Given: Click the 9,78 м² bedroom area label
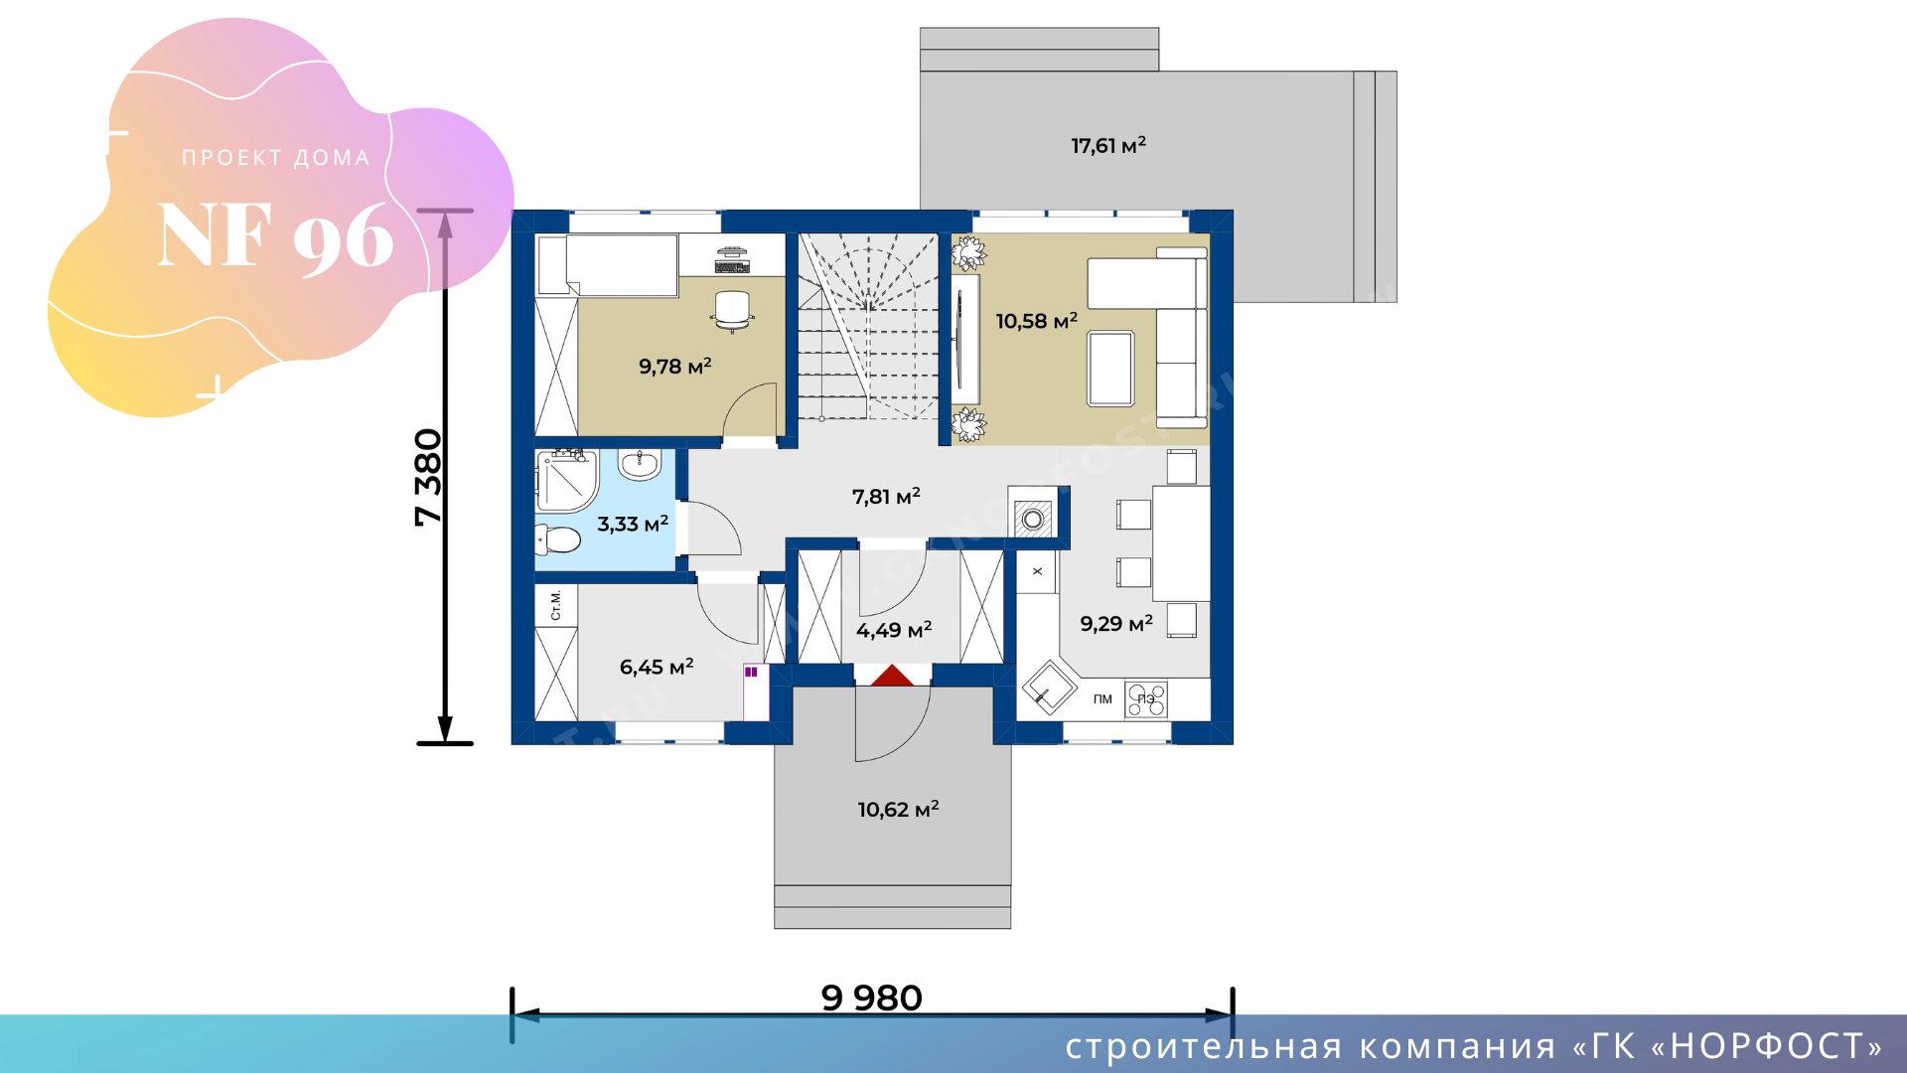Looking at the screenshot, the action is [x=675, y=367].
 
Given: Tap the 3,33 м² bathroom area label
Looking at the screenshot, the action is [x=633, y=524].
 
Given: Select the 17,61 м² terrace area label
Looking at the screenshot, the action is [x=1108, y=145].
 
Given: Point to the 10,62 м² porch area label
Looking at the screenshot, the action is [x=898, y=809].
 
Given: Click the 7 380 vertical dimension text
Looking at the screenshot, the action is [x=428, y=477].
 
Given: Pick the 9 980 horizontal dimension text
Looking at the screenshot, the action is [x=872, y=997].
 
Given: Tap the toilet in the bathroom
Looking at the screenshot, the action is [x=558, y=540].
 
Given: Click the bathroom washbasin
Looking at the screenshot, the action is [x=640, y=463].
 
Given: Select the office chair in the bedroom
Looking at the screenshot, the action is [x=732, y=310].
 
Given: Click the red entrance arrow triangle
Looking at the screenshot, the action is [x=892, y=677].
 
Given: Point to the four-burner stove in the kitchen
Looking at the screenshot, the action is [x=1146, y=699].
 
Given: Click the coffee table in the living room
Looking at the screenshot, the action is [x=1110, y=369].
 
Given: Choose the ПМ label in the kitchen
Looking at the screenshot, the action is [x=1102, y=699].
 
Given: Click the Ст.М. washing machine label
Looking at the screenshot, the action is [x=555, y=605].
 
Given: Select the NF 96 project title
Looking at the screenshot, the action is [x=276, y=236].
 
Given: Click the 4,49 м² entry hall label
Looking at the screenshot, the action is [x=894, y=630].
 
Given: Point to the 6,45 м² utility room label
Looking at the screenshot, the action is [x=657, y=667].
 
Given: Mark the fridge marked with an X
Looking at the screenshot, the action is [x=1037, y=571].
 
